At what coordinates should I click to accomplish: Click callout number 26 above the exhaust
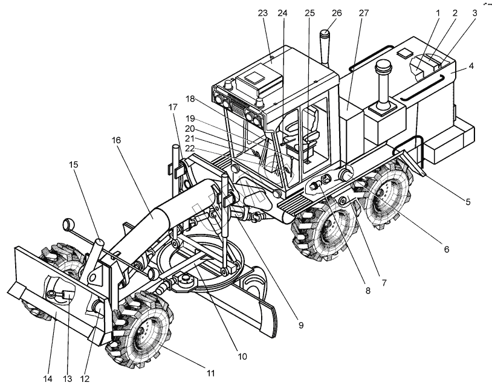[337, 13]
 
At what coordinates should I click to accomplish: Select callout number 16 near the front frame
[115, 140]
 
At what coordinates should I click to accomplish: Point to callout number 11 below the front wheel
[210, 373]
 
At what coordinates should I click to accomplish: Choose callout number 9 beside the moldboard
[300, 325]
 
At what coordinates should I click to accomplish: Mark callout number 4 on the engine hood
[470, 65]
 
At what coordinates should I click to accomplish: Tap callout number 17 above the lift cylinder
[173, 106]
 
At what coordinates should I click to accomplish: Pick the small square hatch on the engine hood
[402, 54]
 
